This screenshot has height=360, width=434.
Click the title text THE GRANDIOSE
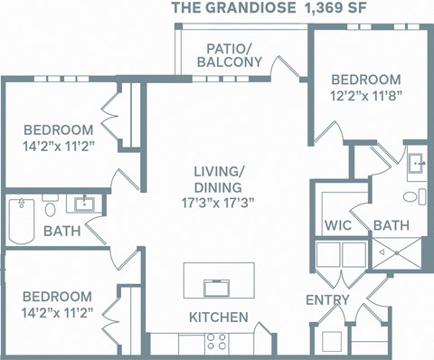click(x=223, y=9)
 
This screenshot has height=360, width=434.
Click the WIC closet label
click(x=336, y=224)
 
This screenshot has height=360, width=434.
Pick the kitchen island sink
click(x=218, y=287)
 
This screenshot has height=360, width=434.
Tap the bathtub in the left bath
click(x=21, y=221)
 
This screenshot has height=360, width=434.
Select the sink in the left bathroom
click(x=88, y=203)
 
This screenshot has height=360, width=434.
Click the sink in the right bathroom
click(x=418, y=164)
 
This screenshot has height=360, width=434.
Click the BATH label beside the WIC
click(x=391, y=224)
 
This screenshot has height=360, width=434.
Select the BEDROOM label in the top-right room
click(x=364, y=79)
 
